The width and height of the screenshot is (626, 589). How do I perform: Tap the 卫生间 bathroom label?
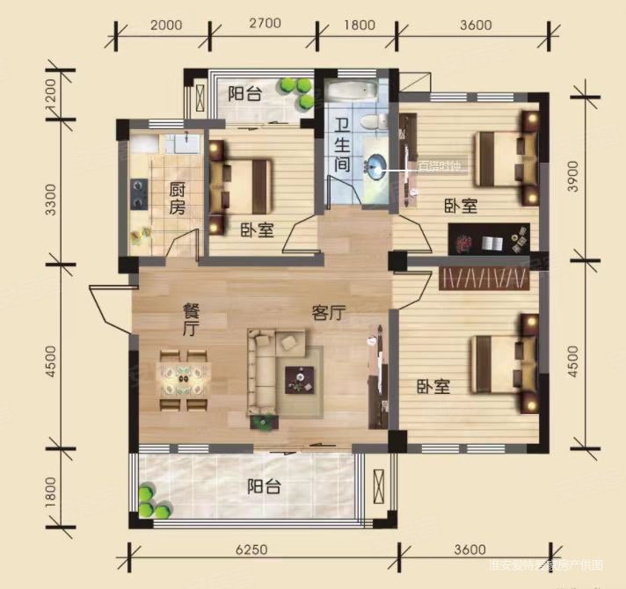coord(343,145)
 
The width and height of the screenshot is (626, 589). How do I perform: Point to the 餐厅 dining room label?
coord(189,319)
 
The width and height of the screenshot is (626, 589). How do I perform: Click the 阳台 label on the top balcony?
coord(244,94)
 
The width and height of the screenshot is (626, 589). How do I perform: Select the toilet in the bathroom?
coord(375,121)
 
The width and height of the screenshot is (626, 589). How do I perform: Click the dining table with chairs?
coord(184,380)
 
